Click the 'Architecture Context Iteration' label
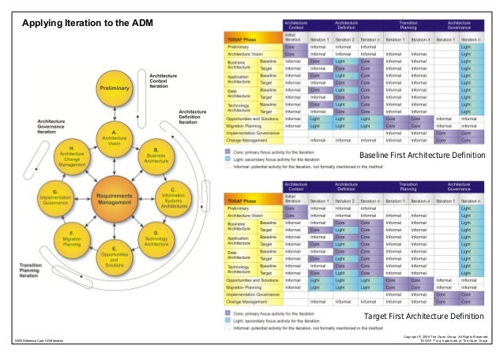click(164, 80)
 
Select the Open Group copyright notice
click(449, 338)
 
